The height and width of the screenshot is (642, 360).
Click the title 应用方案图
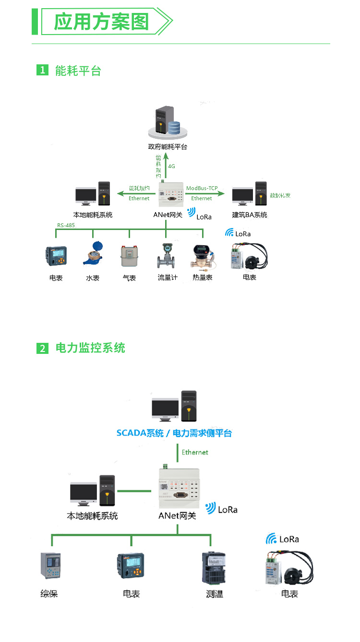pyautogui.click(x=101, y=22)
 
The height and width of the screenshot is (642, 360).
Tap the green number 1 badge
pyautogui.click(x=42, y=70)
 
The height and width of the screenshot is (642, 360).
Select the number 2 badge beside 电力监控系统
pyautogui.click(x=42, y=348)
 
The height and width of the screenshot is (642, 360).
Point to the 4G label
pyautogui.click(x=171, y=166)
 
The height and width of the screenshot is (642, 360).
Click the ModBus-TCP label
pyautogui.click(x=202, y=188)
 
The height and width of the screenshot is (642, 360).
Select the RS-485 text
pyautogui.click(x=66, y=225)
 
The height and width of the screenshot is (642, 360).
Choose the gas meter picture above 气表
pyautogui.click(x=129, y=256)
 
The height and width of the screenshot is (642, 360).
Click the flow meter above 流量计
pyautogui.click(x=166, y=256)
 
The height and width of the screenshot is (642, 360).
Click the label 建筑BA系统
pyautogui.click(x=250, y=215)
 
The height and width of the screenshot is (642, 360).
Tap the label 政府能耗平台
pyautogui.click(x=167, y=146)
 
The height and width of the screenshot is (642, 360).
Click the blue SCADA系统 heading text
pyautogui.click(x=140, y=433)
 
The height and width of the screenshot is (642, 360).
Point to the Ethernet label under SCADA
pyautogui.click(x=195, y=452)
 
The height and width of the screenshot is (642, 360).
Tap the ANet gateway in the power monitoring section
pyautogui.click(x=178, y=487)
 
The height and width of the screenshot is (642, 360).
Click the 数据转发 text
pyautogui.click(x=280, y=195)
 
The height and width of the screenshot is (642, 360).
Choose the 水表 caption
pyautogui.click(x=93, y=278)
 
